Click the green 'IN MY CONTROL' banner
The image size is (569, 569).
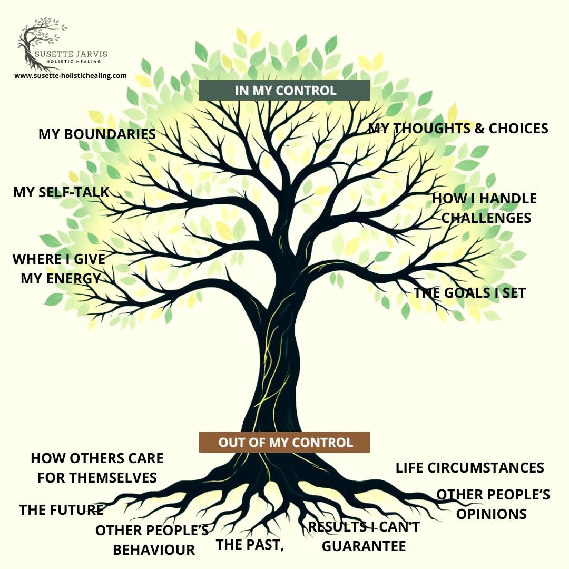point(284,90)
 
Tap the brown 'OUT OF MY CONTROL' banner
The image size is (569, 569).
point(284,442)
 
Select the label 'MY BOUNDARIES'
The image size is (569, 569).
point(97,134)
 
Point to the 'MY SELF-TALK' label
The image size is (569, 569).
point(61,192)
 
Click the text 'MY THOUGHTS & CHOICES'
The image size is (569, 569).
point(458,129)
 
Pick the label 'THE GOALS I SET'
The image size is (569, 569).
point(470,293)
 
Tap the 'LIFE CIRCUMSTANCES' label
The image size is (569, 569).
point(469,468)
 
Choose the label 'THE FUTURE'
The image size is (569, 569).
point(62,510)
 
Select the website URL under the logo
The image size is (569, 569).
point(71,75)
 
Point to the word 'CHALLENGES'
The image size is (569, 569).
point(486,218)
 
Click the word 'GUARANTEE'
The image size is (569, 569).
point(364,546)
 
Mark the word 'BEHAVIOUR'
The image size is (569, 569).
point(154,550)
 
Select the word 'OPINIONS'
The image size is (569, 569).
point(491,514)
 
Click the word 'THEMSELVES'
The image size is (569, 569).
point(97,478)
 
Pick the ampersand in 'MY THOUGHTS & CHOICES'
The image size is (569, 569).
point(479,129)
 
